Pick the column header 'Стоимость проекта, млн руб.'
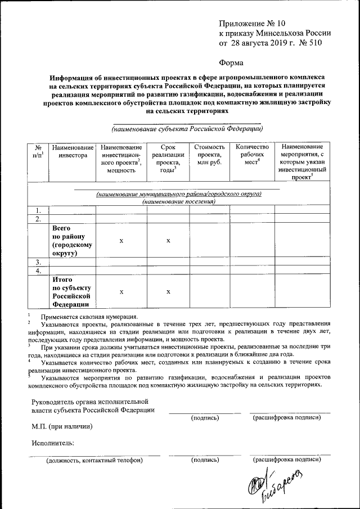coord(209,155)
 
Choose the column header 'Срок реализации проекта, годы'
coord(168,159)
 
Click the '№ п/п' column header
coord(38,151)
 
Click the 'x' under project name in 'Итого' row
coord(121,292)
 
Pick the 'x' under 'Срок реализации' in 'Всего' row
coord(168,241)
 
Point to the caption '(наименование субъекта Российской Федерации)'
coord(187,129)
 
